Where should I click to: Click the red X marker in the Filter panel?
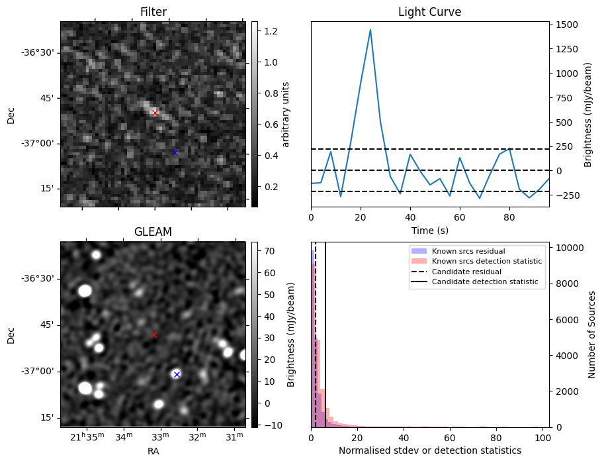[155, 113]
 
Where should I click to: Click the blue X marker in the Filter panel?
[175, 152]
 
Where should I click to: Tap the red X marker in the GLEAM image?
[153, 335]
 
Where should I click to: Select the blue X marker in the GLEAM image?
[177, 374]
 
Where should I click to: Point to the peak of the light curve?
[370, 30]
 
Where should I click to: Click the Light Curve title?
[429, 12]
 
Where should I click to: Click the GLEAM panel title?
[153, 232]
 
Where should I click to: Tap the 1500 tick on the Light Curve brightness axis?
[568, 25]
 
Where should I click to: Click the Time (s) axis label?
[429, 229]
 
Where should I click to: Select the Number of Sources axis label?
[592, 334]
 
